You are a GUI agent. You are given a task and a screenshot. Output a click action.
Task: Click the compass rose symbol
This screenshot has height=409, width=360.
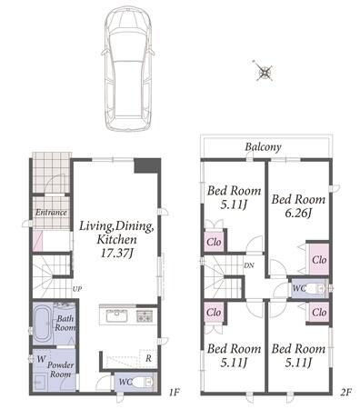pyautogui.click(x=265, y=72)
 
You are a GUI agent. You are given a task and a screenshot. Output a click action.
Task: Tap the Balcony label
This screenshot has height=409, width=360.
pyautogui.click(x=263, y=147)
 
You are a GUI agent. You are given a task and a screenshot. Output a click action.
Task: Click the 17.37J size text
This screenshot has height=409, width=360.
pyautogui.click(x=116, y=253)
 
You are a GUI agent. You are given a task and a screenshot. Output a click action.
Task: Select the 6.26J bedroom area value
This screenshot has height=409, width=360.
pyautogui.click(x=298, y=213)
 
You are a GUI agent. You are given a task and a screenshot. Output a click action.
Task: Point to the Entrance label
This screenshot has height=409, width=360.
pyautogui.click(x=51, y=212)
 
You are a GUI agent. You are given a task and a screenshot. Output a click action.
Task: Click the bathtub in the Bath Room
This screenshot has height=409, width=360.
pyautogui.click(x=43, y=324)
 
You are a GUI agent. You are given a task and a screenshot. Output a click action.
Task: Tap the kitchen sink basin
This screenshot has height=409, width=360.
pyautogui.click(x=117, y=316)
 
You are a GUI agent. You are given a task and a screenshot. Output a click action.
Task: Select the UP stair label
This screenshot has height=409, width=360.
pyautogui.click(x=77, y=289)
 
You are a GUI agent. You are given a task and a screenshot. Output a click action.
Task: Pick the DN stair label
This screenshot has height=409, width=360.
pyautogui.click(x=249, y=265)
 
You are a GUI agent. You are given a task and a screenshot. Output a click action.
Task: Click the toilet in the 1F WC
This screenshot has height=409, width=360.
pyautogui.click(x=144, y=382)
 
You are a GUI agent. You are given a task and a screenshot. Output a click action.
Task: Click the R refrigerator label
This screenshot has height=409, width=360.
pyautogui.click(x=148, y=358)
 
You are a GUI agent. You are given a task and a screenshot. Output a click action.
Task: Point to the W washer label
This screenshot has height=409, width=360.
pyautogui.click(x=41, y=359)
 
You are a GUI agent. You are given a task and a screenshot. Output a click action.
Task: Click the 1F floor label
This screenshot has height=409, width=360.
pyautogui.click(x=175, y=393)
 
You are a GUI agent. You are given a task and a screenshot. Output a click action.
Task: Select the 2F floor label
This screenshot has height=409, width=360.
pyautogui.click(x=345, y=393)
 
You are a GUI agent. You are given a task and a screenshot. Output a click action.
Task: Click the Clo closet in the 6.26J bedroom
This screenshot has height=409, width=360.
pyautogui.click(x=319, y=260)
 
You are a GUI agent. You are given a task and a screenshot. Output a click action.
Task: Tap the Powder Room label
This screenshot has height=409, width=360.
pyautogui.click(x=61, y=369)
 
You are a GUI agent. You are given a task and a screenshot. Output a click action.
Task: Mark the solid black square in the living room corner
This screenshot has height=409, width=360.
pyautogui.click(x=147, y=165)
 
